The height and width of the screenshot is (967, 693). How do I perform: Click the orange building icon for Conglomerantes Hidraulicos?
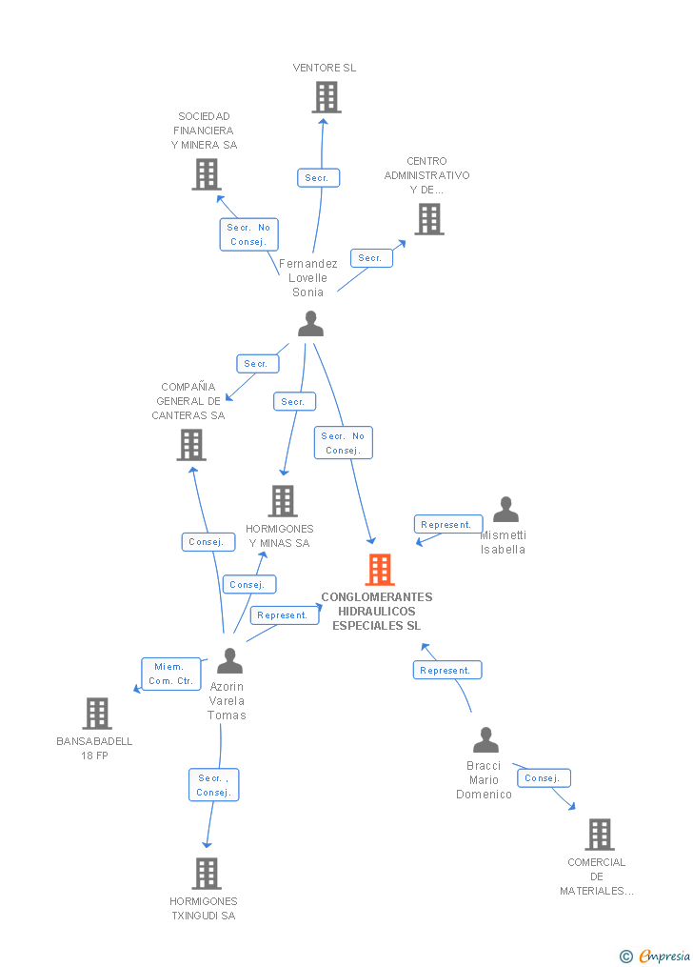pyautogui.click(x=380, y=570)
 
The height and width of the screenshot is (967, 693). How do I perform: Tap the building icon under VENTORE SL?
pyautogui.click(x=326, y=97)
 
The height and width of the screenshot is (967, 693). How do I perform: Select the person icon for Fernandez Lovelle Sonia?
pyautogui.click(x=310, y=324)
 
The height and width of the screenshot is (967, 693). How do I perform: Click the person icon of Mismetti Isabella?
pyautogui.click(x=505, y=510)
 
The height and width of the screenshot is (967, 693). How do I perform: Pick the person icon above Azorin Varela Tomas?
pyautogui.click(x=229, y=660)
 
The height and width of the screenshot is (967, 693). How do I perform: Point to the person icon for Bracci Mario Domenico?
pyautogui.click(x=485, y=739)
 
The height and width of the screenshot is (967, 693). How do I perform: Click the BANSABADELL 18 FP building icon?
pyautogui.click(x=96, y=714)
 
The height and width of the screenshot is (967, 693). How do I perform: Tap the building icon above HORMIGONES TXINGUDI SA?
pyautogui.click(x=206, y=873)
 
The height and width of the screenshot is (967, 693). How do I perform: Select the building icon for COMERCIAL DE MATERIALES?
pyautogui.click(x=599, y=835)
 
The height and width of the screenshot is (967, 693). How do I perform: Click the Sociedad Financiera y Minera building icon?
pyautogui.click(x=206, y=174)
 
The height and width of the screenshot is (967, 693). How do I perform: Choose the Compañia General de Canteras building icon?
pyautogui.click(x=190, y=445)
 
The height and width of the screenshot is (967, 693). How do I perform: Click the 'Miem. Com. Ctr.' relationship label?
pyautogui.click(x=171, y=674)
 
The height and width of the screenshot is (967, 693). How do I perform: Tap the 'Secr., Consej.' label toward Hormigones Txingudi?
pyautogui.click(x=213, y=785)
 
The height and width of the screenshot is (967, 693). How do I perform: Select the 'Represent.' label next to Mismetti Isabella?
pyautogui.click(x=447, y=525)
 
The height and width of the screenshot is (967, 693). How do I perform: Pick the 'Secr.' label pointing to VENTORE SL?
pyautogui.click(x=317, y=178)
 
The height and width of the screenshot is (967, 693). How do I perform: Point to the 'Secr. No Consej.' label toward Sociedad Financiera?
pyautogui.click(x=248, y=234)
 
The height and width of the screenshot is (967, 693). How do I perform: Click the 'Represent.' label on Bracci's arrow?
pyautogui.click(x=446, y=671)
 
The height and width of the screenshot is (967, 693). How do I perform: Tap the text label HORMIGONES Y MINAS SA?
pyautogui.click(x=279, y=535)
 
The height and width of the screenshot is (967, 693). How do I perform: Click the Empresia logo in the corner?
pyautogui.click(x=657, y=956)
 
